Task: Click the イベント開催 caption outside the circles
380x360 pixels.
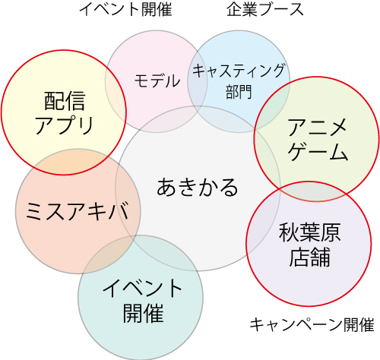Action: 126,10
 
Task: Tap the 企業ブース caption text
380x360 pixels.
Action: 265,10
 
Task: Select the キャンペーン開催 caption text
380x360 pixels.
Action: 312,325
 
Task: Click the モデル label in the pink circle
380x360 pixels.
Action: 157,81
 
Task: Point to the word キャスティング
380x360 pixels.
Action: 239,71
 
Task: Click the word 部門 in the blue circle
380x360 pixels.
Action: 239,92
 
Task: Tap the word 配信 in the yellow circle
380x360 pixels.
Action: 65,101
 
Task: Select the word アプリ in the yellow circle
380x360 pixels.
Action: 65,125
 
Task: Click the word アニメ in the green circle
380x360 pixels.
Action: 317,128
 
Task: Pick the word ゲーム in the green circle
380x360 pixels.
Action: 317,151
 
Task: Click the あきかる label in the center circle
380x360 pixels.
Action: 198,188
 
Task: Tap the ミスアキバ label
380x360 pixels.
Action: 77,210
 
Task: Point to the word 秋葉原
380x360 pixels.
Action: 309,232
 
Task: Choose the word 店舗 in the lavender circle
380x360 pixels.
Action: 309,257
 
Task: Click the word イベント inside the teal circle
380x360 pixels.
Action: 142,288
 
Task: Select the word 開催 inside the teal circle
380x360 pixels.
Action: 143,313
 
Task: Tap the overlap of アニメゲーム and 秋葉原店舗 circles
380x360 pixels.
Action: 312,191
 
